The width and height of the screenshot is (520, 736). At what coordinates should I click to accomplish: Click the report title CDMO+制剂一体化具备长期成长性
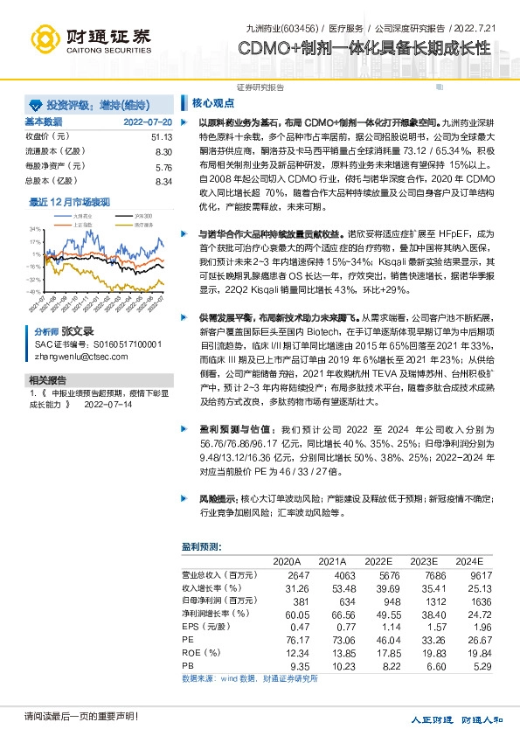pyautogui.click(x=364, y=48)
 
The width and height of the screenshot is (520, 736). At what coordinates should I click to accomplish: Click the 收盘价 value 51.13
pyautogui.click(x=162, y=137)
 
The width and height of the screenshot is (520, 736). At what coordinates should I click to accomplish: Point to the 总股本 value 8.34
pyautogui.click(x=163, y=181)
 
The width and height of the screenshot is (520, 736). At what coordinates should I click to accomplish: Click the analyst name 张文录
pyautogui.click(x=76, y=333)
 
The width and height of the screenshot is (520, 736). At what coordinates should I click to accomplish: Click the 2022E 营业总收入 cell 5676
pyautogui.click(x=378, y=575)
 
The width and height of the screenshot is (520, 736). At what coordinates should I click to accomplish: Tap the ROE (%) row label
pyautogui.click(x=198, y=654)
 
